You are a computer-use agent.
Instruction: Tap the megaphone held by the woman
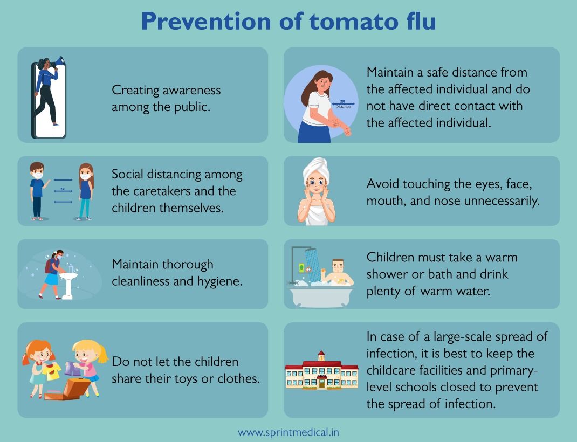[59, 61]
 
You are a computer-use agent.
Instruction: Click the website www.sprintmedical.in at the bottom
[288, 432]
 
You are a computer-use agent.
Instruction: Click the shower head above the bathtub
[310, 253]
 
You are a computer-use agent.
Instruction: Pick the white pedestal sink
[67, 283]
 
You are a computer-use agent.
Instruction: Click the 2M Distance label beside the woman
[343, 104]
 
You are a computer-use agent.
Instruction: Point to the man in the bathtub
[338, 272]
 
